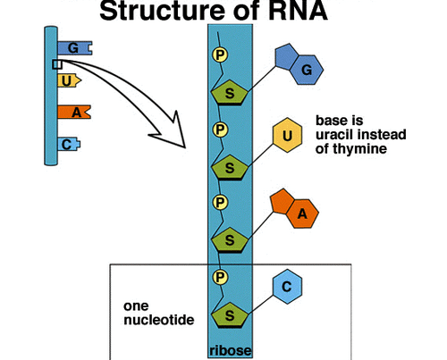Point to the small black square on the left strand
point(55,64)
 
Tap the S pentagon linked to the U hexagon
point(231,167)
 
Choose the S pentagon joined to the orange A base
point(231,240)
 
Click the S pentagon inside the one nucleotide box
point(231,314)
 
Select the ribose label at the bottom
point(231,350)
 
